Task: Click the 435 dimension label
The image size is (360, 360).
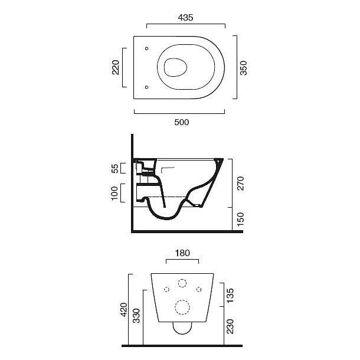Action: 185,18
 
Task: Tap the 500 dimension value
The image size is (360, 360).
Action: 182,122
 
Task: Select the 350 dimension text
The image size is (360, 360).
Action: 243,68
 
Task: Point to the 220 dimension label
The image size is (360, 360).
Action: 116,67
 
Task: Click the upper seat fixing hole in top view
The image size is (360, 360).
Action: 147,48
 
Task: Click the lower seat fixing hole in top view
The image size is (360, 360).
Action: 147,87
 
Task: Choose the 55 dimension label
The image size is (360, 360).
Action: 116,168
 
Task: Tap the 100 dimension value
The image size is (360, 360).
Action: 114,193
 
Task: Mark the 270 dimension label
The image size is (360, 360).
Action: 240,183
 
